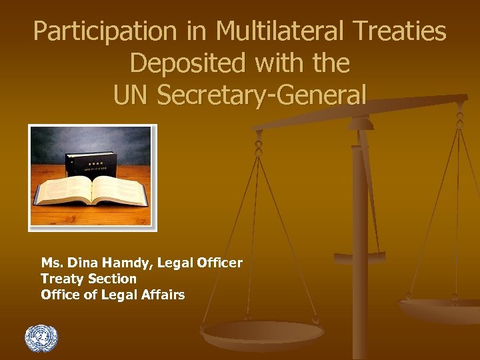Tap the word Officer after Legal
pos(219,264)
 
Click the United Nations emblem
pos(41,339)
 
